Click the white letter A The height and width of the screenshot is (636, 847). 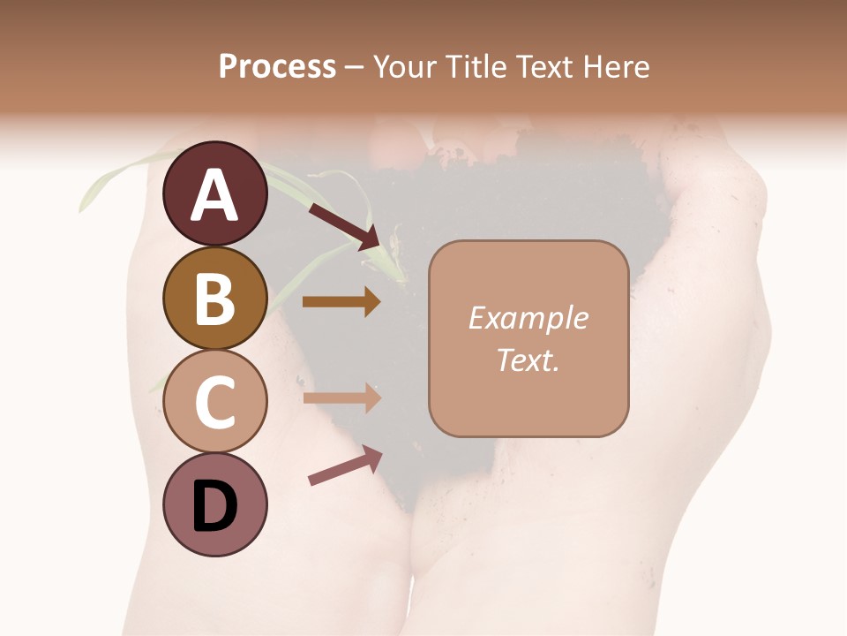click(x=215, y=195)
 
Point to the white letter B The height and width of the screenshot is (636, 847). click(x=215, y=299)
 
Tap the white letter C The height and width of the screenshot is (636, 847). click(x=215, y=402)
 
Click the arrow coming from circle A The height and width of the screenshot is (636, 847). click(x=344, y=225)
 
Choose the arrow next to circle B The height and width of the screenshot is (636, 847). click(x=341, y=302)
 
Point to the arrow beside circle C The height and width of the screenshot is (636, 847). click(x=341, y=397)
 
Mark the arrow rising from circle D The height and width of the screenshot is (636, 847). click(x=345, y=466)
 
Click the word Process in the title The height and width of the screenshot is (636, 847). click(x=277, y=67)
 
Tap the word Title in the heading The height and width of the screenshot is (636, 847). click(x=475, y=67)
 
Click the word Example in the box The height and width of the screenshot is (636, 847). click(x=528, y=319)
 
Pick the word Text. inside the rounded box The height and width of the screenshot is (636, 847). click(x=528, y=360)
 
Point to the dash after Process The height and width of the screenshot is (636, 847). click(x=355, y=68)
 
